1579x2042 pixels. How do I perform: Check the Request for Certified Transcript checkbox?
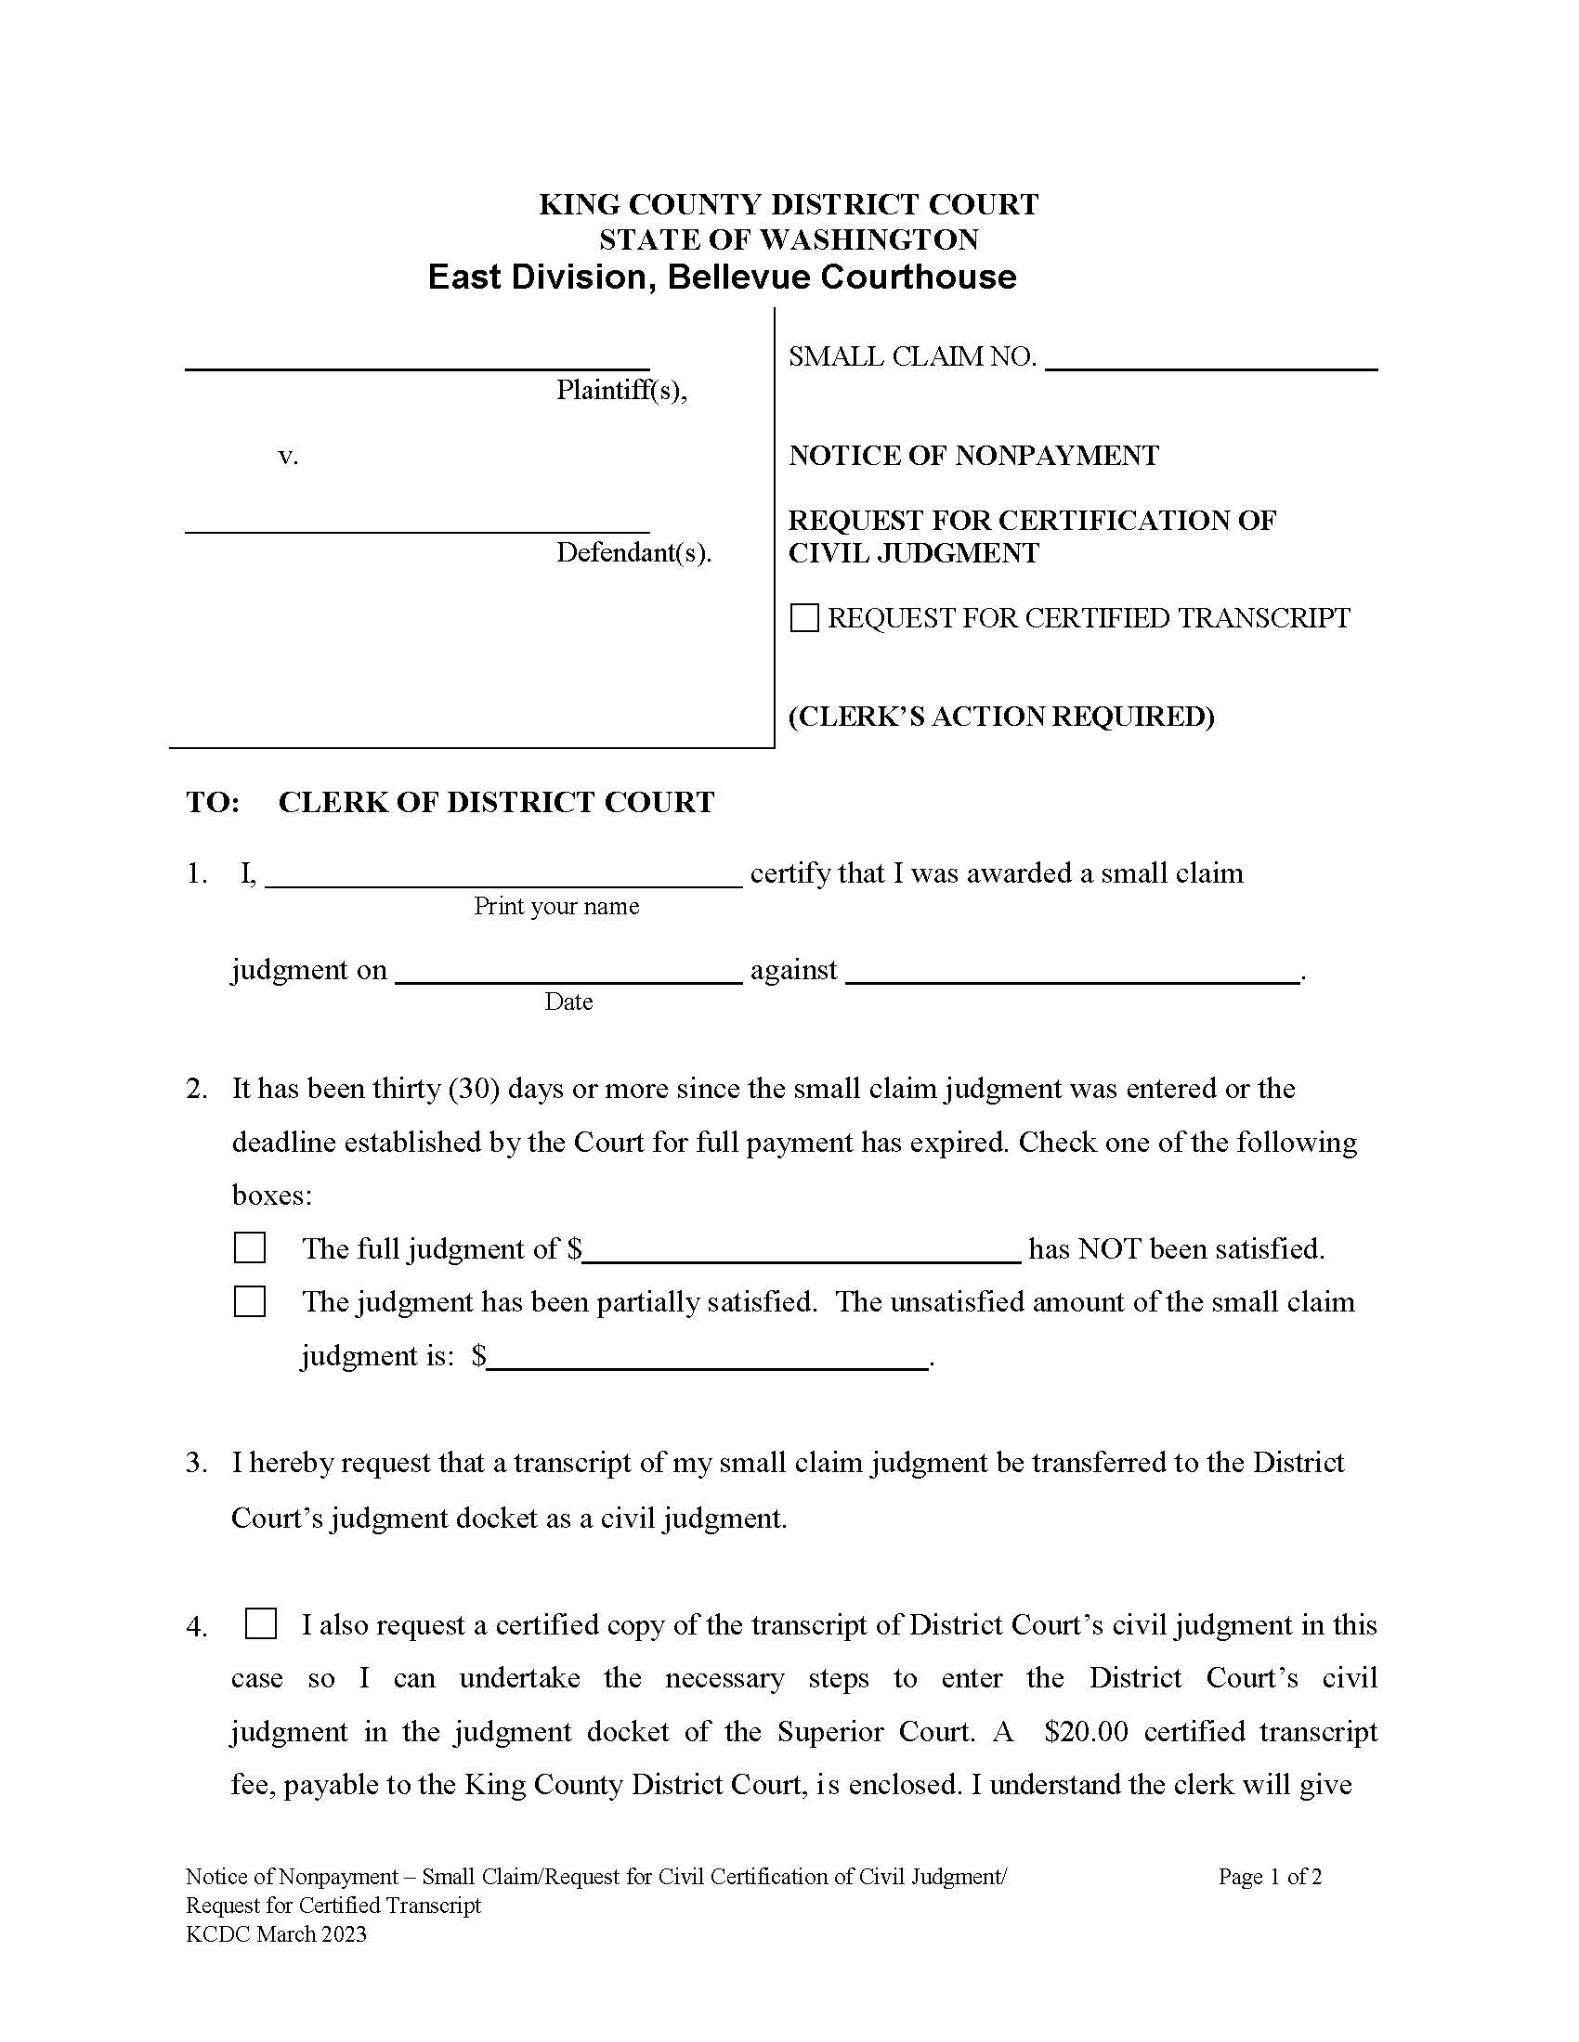(804, 618)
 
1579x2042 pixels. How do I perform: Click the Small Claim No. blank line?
(1210, 361)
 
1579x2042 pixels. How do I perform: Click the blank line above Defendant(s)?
(417, 523)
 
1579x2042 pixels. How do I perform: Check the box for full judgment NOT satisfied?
(250, 1248)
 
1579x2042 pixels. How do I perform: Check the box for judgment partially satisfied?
(250, 1301)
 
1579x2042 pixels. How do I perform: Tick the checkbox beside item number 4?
(261, 1624)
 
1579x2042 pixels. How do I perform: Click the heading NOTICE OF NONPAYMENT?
(973, 456)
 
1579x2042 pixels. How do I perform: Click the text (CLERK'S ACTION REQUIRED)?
(1001, 717)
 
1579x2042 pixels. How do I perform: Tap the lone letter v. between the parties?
(288, 457)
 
